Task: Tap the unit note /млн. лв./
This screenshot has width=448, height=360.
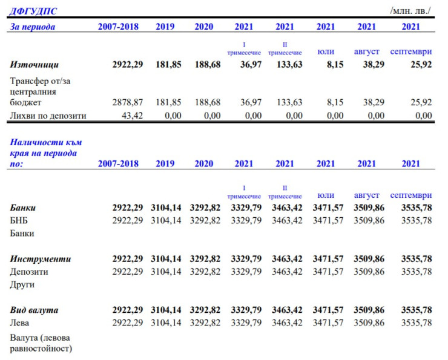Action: pyautogui.click(x=411, y=11)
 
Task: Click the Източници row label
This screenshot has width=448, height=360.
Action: pyautogui.click(x=35, y=65)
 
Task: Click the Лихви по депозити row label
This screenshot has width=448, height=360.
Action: pyautogui.click(x=48, y=116)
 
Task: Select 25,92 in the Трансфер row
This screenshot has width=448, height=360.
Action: pyautogui.click(x=419, y=103)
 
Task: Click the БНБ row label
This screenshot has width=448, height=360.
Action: pyautogui.click(x=19, y=220)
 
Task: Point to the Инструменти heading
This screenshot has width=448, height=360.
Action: pyautogui.click(x=41, y=259)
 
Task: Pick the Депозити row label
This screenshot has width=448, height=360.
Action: pyautogui.click(x=29, y=272)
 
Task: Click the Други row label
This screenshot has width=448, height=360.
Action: pyautogui.click(x=22, y=284)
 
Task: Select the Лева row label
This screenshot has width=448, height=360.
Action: pyautogui.click(x=21, y=323)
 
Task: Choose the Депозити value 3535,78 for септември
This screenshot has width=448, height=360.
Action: pyautogui.click(x=417, y=272)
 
